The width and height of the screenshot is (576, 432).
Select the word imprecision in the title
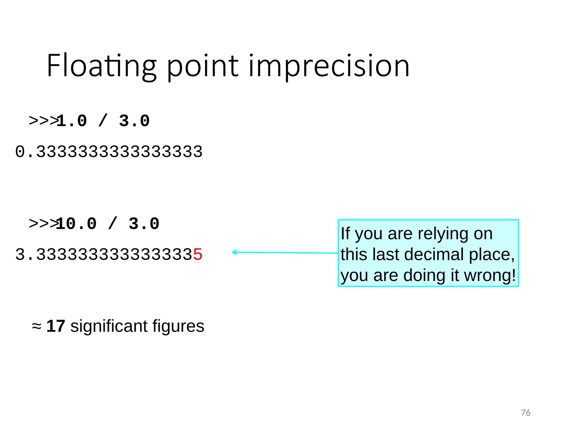click(329, 66)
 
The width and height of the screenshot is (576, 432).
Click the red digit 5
click(198, 255)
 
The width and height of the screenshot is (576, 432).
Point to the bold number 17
click(56, 326)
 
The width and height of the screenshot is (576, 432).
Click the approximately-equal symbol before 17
click(37, 327)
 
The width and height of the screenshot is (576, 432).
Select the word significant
click(109, 327)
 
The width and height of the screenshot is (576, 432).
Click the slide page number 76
click(525, 413)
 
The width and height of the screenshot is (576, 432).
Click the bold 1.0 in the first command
click(72, 121)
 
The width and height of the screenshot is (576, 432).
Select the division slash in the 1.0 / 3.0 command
click(103, 121)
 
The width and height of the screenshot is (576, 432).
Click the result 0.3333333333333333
click(109, 152)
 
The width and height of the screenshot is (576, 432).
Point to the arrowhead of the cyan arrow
click(234, 252)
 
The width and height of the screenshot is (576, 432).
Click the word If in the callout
click(345, 233)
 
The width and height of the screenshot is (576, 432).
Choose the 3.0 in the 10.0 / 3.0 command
click(144, 224)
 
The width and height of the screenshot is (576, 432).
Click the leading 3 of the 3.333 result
click(20, 255)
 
